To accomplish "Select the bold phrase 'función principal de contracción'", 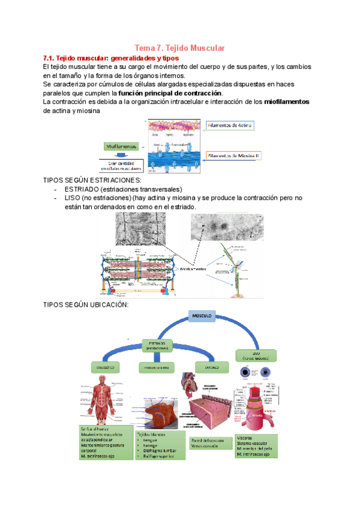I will [170, 93].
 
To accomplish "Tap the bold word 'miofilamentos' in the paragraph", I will [286, 102].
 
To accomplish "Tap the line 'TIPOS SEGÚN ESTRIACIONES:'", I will [93, 180].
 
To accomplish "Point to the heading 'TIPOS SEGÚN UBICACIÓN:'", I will [86, 305].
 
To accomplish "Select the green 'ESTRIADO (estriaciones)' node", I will [158, 345].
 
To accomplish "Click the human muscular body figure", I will [100, 400].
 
